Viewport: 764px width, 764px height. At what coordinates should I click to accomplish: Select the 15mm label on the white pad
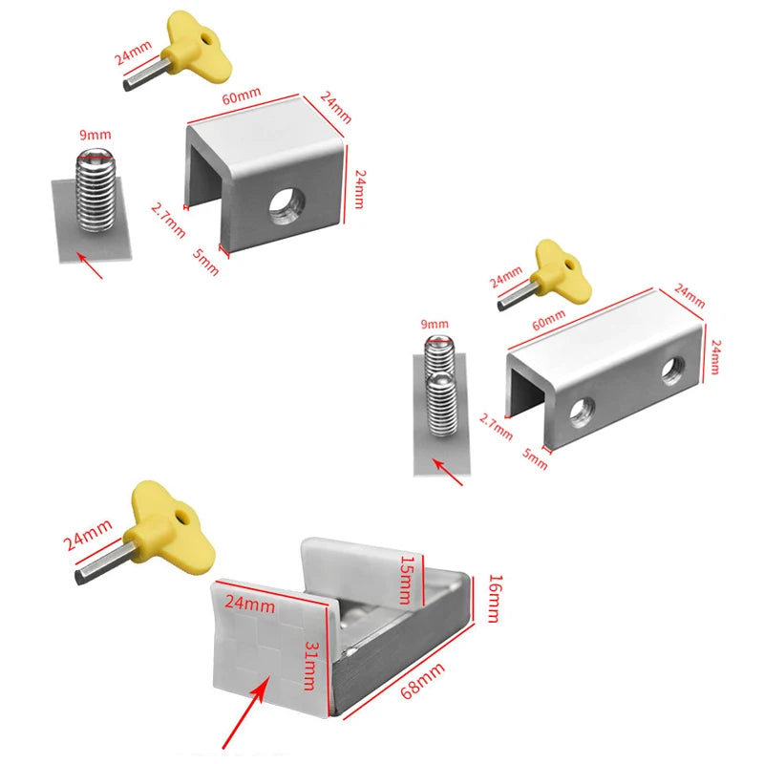[408, 580]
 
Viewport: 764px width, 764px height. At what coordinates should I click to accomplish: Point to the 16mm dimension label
[492, 598]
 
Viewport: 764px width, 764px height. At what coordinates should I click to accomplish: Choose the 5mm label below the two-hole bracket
[537, 457]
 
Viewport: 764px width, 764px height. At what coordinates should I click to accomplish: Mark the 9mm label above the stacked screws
[435, 325]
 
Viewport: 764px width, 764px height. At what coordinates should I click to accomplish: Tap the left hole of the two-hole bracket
[580, 412]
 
